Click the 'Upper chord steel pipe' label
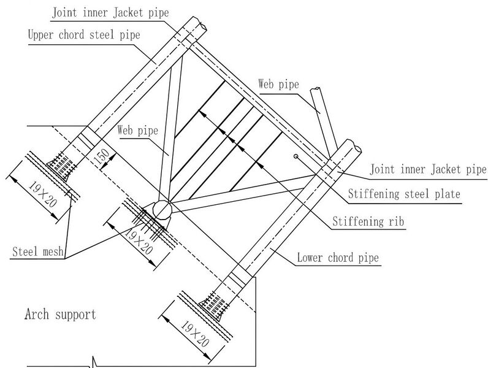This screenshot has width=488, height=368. [x=84, y=34]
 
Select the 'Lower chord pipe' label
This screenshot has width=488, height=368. [x=338, y=258]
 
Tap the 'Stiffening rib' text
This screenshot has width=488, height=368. [x=368, y=221]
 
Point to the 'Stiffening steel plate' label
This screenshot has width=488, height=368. [x=404, y=194]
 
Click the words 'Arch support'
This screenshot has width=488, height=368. [x=60, y=315]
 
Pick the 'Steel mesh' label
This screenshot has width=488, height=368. [x=38, y=251]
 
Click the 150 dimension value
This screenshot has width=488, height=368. [x=102, y=156]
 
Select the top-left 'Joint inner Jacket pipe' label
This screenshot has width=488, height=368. [x=110, y=13]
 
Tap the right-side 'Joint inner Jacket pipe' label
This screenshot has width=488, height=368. [x=428, y=169]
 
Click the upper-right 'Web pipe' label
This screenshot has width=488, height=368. [x=278, y=84]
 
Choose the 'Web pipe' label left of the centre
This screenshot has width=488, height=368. [x=137, y=130]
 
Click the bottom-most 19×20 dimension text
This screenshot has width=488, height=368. [x=195, y=334]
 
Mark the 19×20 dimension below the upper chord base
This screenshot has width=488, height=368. [x=43, y=194]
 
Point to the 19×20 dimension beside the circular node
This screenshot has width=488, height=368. [x=139, y=240]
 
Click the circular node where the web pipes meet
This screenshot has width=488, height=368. [x=162, y=210]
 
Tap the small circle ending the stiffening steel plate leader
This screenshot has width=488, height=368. [x=296, y=156]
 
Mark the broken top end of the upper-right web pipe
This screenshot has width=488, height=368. [x=316, y=90]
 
